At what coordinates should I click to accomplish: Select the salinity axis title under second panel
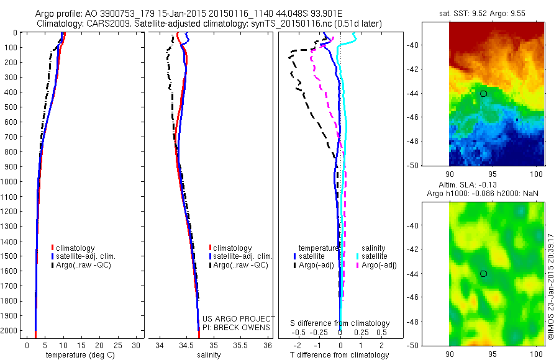click(x=209, y=355)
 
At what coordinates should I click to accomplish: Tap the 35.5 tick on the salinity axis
click(x=240, y=345)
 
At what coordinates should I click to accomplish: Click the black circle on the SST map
click(x=483, y=93)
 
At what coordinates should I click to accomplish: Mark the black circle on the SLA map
click(x=483, y=273)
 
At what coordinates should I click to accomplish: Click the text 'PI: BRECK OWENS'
click(x=237, y=327)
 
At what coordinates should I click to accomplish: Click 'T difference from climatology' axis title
click(x=340, y=355)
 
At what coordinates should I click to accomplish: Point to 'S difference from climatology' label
click(x=340, y=323)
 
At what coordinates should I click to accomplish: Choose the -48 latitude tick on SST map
click(x=431, y=141)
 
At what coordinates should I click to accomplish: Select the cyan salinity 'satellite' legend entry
click(x=373, y=256)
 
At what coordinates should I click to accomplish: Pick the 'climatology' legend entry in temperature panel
click(x=75, y=248)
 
